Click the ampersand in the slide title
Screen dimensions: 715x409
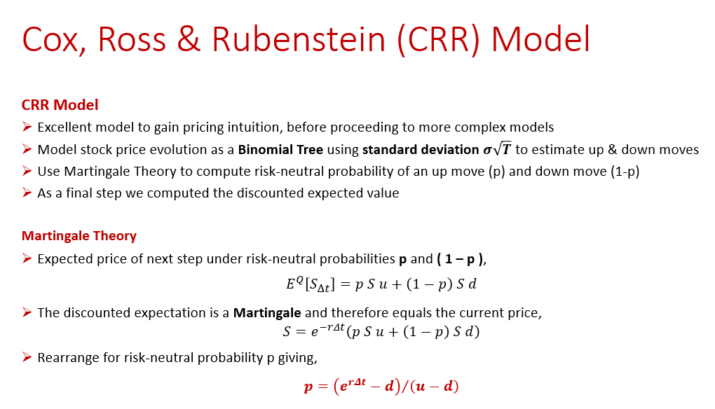[189, 39]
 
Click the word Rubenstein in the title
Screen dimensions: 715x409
[299, 39]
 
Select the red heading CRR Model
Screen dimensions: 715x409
[60, 105]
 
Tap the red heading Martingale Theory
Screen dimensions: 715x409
[79, 235]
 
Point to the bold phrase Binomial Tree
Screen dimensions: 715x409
[280, 149]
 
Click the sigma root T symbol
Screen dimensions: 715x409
[497, 149]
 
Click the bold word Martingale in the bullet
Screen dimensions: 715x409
[267, 313]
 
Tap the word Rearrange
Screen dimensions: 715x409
[69, 358]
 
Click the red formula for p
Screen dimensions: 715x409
[381, 386]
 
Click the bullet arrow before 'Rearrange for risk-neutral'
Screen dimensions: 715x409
[27, 357]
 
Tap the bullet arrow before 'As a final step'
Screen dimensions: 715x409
[27, 193]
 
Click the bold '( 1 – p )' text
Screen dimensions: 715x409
[460, 259]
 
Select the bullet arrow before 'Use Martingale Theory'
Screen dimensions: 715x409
[27, 171]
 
